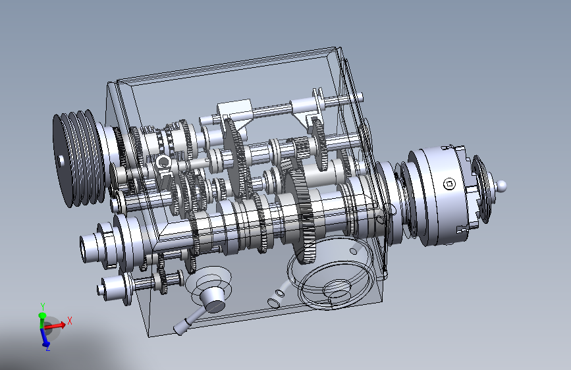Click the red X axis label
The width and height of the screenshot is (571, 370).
pos(70,321)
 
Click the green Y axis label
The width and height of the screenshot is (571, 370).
pos(43,306)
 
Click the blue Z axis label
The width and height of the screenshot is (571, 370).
pos(47,348)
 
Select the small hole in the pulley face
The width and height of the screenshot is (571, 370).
pos(61,160)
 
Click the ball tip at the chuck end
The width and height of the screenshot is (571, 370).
pos(501,186)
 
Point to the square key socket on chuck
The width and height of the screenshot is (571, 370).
pos(450,184)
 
